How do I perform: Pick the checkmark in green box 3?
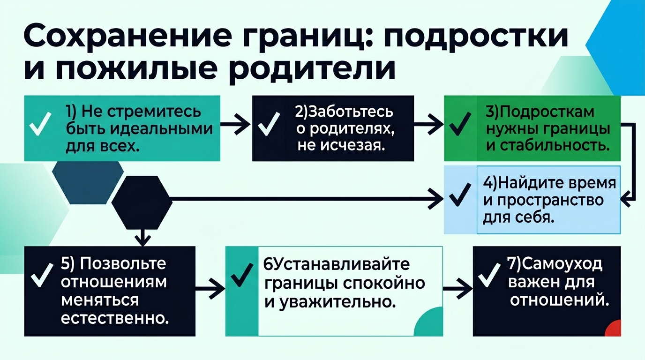pyautogui.click(x=460, y=126)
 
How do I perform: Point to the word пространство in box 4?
pyautogui.click(x=543, y=200)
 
